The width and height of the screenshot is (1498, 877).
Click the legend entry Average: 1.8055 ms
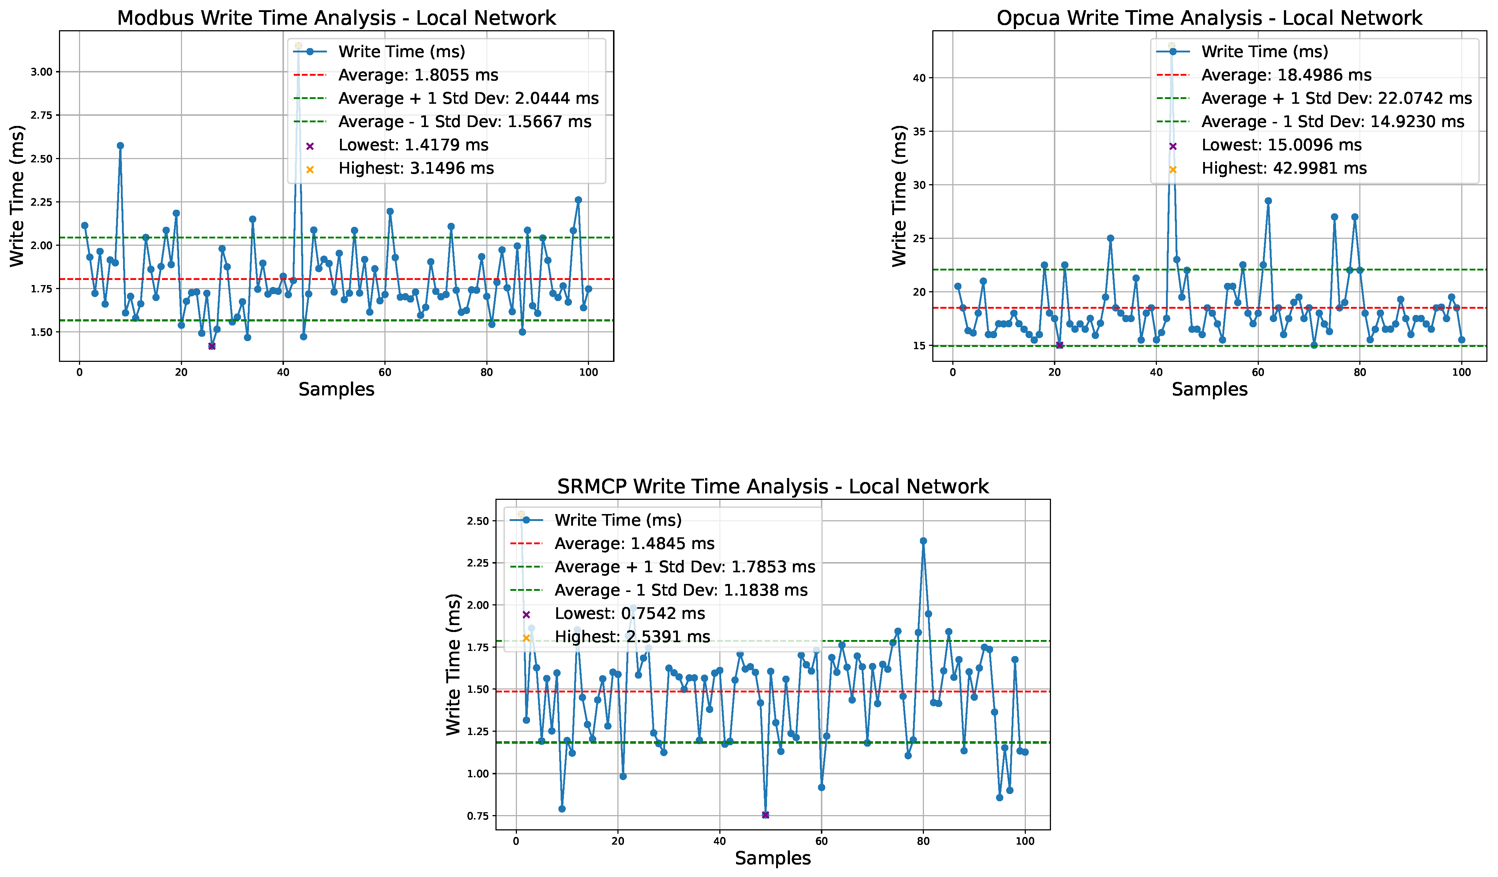point(418,75)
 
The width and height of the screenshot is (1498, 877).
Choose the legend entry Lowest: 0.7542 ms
point(629,613)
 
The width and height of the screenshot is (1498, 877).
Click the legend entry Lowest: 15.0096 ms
point(1281,145)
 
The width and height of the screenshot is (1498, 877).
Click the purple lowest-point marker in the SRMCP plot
point(765,815)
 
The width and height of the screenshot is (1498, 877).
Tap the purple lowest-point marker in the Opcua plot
point(1059,345)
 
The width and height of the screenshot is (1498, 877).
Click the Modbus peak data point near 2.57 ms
point(120,146)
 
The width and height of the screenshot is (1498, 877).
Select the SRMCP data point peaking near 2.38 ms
point(923,541)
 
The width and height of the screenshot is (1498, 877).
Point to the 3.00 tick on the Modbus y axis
point(41,72)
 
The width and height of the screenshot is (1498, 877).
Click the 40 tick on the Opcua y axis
point(919,78)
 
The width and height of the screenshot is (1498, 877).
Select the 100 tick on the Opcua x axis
point(1461,373)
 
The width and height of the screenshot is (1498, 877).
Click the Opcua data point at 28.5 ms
point(1268,201)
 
